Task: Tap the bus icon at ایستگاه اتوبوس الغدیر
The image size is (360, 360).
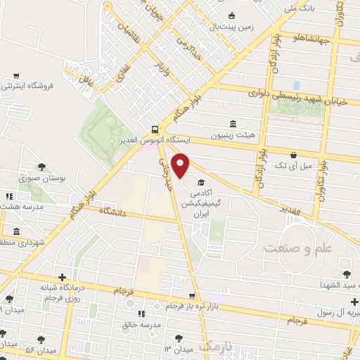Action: (x=153, y=129)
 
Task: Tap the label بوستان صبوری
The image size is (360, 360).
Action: (x=63, y=179)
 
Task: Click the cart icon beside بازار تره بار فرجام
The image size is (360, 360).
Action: (x=192, y=296)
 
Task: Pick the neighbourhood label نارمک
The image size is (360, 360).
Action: (x=214, y=346)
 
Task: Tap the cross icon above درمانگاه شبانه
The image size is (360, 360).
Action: (x=63, y=277)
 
